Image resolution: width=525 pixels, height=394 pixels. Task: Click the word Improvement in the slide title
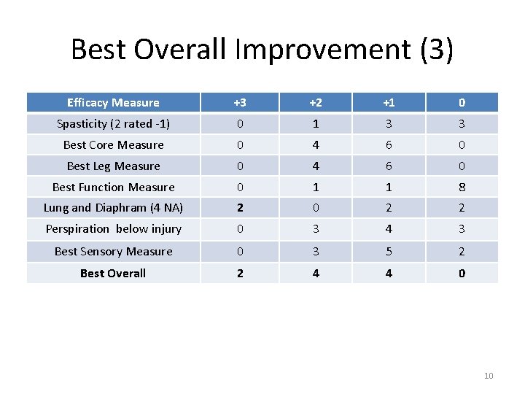click(x=324, y=50)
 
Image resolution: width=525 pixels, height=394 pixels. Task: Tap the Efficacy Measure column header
click(x=113, y=103)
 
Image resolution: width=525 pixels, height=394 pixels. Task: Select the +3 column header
click(x=239, y=103)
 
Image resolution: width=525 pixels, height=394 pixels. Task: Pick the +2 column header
click(x=314, y=103)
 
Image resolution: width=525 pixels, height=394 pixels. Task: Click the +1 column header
click(x=389, y=103)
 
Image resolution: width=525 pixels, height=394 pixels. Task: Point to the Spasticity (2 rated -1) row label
click(x=113, y=124)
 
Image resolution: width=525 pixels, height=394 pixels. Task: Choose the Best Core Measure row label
click(x=113, y=145)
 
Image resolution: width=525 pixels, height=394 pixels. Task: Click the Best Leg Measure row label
click(x=113, y=166)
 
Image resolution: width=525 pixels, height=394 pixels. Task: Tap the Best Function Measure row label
click(x=113, y=188)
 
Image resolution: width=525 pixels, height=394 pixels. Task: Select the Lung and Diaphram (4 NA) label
click(x=113, y=208)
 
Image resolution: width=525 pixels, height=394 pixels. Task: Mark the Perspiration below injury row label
click(x=113, y=229)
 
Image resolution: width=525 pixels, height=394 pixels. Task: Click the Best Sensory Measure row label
click(x=113, y=252)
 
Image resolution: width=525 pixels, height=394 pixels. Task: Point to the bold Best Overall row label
click(x=113, y=274)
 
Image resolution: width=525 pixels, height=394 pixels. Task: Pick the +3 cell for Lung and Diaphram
click(x=239, y=208)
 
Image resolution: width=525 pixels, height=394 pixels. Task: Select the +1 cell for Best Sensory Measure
click(x=389, y=252)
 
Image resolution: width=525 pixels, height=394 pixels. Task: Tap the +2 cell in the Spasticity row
click(x=314, y=124)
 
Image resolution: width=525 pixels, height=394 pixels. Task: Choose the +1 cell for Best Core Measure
click(x=389, y=145)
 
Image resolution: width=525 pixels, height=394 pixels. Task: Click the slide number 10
click(x=489, y=376)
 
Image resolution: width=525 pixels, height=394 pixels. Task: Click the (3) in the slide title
click(x=437, y=50)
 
